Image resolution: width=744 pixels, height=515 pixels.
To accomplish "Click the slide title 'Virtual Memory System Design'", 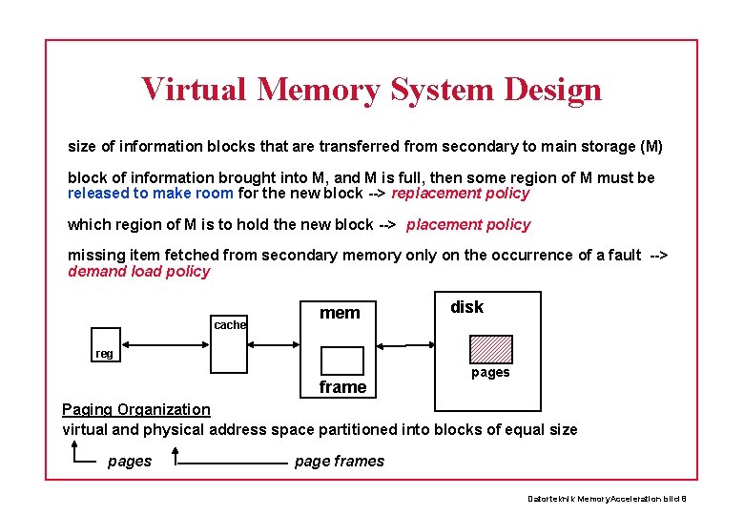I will pyautogui.click(x=371, y=89).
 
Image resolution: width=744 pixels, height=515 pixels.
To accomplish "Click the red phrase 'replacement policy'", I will pyautogui.click(x=460, y=193).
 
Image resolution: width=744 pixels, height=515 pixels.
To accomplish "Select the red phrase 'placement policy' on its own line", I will pyautogui.click(x=467, y=224).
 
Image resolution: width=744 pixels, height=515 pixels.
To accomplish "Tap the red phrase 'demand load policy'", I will pyautogui.click(x=138, y=271).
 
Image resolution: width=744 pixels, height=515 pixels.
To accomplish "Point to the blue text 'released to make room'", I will pyautogui.click(x=151, y=193).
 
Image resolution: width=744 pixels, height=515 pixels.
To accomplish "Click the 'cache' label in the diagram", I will pyautogui.click(x=230, y=324).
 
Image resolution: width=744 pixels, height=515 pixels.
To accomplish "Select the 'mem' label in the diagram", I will pyautogui.click(x=340, y=313).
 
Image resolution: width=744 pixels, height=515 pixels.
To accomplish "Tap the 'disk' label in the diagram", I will pyautogui.click(x=466, y=306).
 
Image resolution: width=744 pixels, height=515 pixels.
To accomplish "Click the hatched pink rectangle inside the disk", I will pyautogui.click(x=490, y=349).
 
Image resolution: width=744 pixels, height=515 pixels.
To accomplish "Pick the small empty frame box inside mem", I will pyautogui.click(x=341, y=360).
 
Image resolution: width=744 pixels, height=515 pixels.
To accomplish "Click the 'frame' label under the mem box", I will pyautogui.click(x=342, y=386).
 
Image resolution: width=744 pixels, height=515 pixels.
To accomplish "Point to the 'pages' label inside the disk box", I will pyautogui.click(x=490, y=372).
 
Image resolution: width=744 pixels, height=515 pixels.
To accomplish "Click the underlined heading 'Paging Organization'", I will pyautogui.click(x=136, y=409).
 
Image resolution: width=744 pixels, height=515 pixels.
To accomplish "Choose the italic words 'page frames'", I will pyautogui.click(x=340, y=461).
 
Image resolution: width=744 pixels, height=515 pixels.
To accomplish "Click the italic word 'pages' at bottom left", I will pyautogui.click(x=130, y=461).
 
